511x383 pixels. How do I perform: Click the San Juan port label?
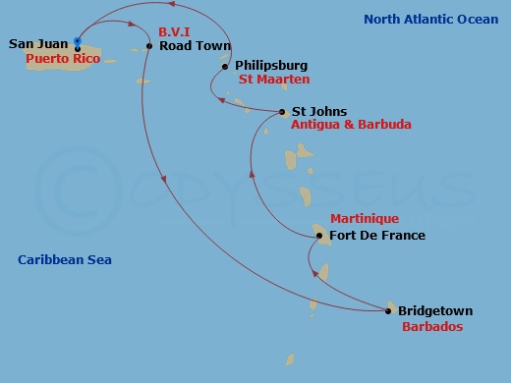[37, 44]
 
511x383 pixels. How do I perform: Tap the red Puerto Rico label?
[55, 58]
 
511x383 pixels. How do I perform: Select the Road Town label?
[195, 46]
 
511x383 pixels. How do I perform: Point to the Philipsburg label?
[270, 66]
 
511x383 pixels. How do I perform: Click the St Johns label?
[312, 112]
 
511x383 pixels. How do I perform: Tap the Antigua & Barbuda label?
[351, 125]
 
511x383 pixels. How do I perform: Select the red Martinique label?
[365, 218]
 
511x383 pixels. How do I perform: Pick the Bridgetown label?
[435, 311]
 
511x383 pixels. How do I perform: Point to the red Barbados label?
[432, 326]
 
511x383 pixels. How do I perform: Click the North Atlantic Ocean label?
[430, 19]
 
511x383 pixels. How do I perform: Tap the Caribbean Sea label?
[65, 259]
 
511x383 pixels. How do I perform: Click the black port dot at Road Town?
[148, 46]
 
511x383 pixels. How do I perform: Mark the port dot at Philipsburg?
[225, 67]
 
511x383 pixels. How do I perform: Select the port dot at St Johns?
[283, 112]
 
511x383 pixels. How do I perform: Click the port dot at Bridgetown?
[389, 311]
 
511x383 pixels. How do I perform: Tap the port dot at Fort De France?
[319, 236]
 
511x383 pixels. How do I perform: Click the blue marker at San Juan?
[78, 41]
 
